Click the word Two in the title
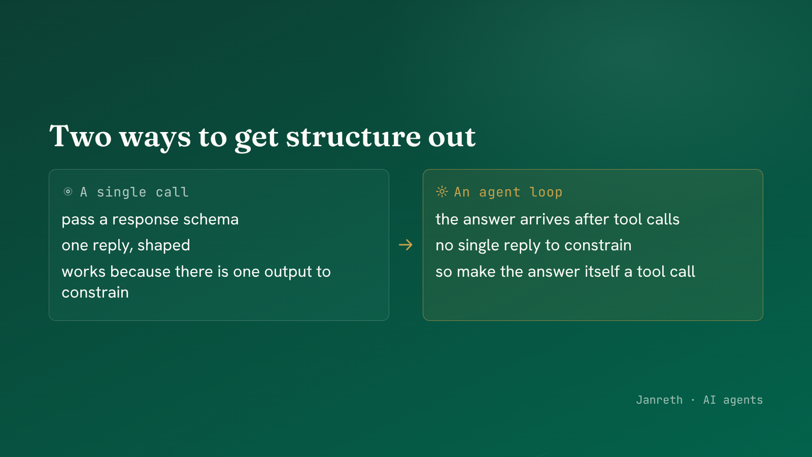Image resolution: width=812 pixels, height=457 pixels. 81,136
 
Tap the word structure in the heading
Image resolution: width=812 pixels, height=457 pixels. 353,137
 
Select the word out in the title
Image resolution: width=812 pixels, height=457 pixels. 452,137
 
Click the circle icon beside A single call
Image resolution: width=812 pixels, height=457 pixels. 68,191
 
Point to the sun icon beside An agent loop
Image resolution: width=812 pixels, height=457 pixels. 442,191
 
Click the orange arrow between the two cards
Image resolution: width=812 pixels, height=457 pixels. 405,245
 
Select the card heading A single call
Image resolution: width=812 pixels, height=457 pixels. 134,192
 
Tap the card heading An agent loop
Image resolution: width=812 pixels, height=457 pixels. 508,192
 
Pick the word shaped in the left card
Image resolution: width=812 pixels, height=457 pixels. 164,246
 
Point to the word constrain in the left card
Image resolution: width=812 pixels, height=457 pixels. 95,292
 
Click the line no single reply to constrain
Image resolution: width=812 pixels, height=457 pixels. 533,246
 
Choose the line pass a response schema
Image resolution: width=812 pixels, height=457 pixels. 150,220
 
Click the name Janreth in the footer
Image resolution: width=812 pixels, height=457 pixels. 659,400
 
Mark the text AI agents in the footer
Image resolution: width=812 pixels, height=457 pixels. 733,400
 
